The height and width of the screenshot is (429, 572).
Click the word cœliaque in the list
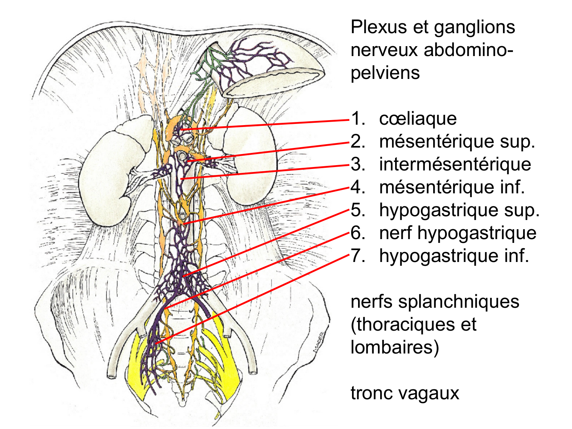(x=418, y=119)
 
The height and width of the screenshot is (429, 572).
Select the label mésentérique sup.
(x=457, y=142)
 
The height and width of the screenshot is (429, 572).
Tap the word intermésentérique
(x=455, y=164)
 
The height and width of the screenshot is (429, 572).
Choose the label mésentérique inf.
(x=452, y=187)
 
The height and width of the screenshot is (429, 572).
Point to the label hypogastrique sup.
(x=459, y=210)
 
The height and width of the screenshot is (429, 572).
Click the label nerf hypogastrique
(x=458, y=233)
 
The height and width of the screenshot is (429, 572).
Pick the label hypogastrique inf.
(x=454, y=256)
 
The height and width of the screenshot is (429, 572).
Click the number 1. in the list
(x=358, y=119)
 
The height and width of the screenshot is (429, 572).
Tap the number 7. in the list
(x=358, y=256)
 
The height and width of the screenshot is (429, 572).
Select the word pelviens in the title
(x=385, y=72)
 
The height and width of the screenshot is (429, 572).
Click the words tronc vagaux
(x=405, y=393)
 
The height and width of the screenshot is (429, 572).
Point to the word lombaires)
(x=394, y=347)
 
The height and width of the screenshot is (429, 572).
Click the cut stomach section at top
(x=273, y=78)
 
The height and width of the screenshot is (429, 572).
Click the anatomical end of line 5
(x=183, y=276)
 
